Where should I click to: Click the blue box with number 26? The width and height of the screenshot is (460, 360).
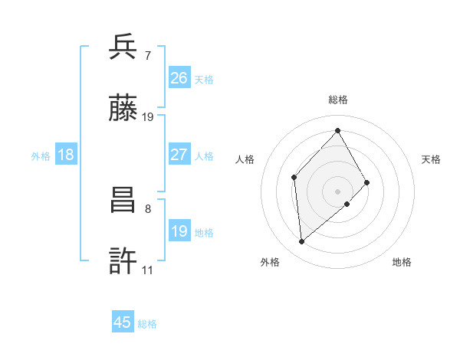point(179,78)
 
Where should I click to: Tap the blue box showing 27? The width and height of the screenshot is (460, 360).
point(179,155)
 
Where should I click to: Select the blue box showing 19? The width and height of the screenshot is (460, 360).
point(179,231)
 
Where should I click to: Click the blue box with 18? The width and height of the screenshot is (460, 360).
point(66,155)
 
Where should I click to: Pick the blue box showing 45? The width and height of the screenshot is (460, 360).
point(123,322)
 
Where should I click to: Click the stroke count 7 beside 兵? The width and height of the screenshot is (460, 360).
point(147,55)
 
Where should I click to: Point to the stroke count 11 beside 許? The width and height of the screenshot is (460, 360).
point(147,270)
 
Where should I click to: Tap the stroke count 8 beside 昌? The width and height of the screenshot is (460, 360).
point(147,208)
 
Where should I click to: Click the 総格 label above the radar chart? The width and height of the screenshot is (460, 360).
point(337,100)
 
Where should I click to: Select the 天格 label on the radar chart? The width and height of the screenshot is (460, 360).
point(431,159)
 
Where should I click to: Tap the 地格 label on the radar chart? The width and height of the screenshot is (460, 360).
point(402,262)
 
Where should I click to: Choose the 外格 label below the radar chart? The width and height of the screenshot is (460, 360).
point(270,262)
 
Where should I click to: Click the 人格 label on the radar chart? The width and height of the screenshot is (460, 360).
point(245,159)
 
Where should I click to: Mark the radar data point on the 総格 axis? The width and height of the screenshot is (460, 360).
point(337,130)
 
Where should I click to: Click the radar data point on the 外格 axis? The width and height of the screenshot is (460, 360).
point(302,242)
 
